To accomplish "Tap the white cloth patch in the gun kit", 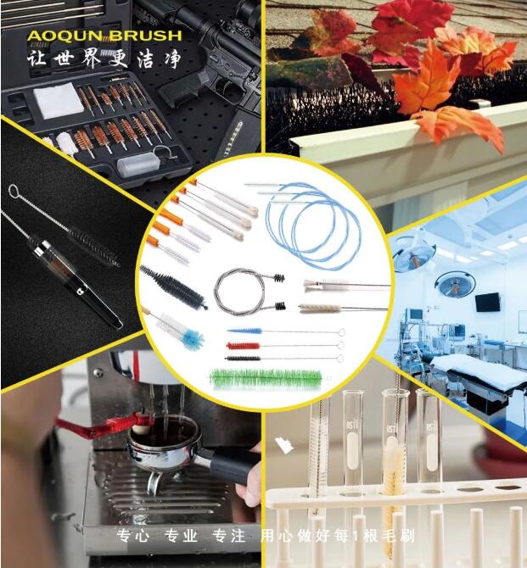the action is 56,101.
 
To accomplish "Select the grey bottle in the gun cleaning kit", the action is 138,164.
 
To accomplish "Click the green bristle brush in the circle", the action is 266,379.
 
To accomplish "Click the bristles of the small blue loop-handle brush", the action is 244,331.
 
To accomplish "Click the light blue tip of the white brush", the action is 193,338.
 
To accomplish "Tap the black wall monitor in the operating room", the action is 487,303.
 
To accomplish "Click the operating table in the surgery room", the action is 479,373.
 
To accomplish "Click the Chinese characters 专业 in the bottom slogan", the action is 181,536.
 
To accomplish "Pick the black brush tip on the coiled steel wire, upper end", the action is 278,278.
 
